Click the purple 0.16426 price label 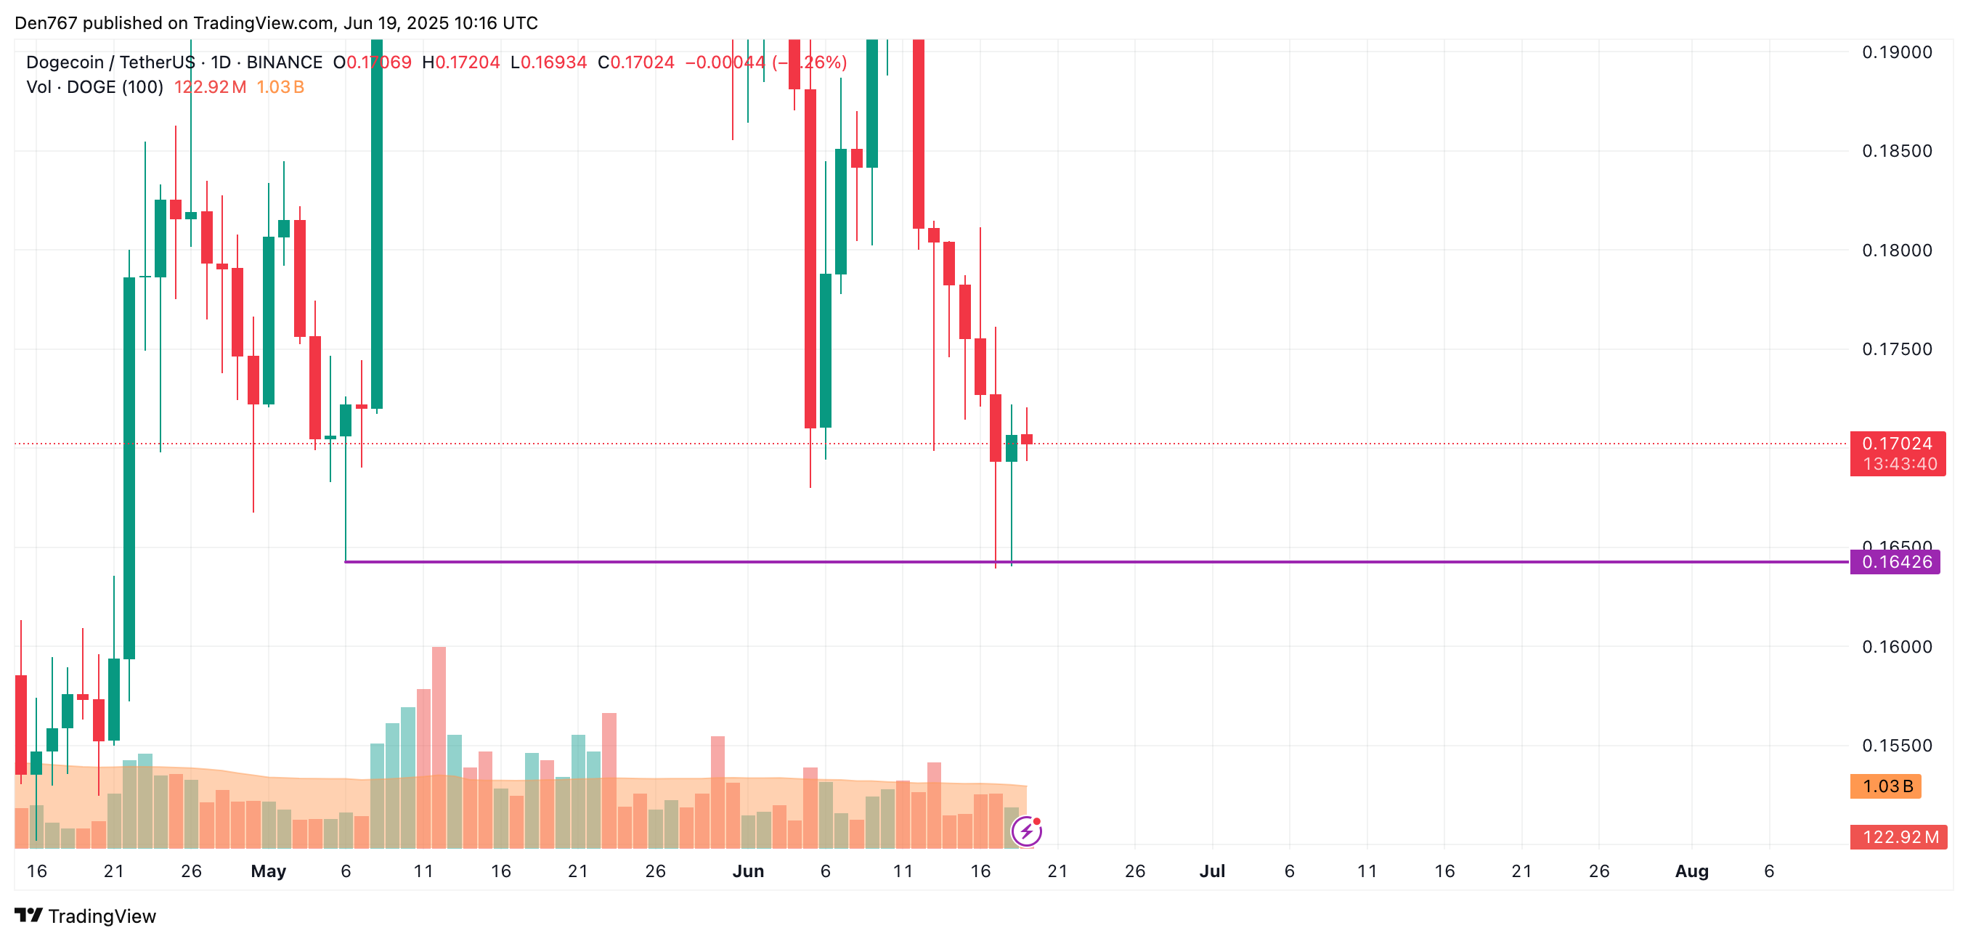(x=1895, y=562)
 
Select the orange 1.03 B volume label (x=1885, y=786)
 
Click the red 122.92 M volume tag (x=1898, y=837)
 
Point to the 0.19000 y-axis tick (x=1896, y=52)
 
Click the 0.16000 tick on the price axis (x=1896, y=647)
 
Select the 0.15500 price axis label (x=1896, y=746)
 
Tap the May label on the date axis (x=268, y=871)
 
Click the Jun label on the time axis (x=748, y=871)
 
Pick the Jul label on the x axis (x=1212, y=871)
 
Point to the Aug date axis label (x=1691, y=871)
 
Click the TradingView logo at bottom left (x=86, y=916)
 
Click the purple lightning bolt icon (x=1026, y=831)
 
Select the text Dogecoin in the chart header (x=65, y=62)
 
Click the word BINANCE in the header (x=284, y=62)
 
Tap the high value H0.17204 (x=460, y=62)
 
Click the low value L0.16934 (x=548, y=62)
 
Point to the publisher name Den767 (x=46, y=23)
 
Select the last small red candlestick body (x=1027, y=439)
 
